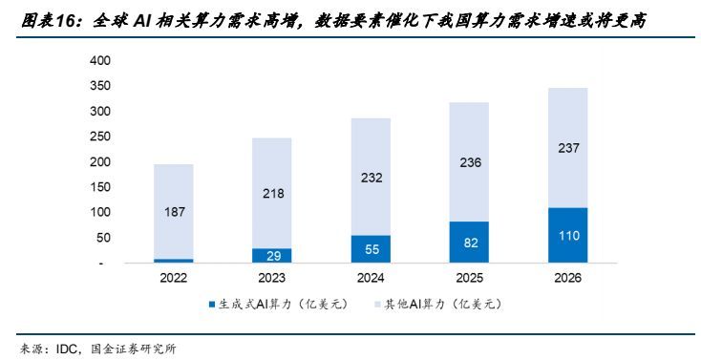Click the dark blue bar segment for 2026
point(567,235)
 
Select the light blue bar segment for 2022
point(173,211)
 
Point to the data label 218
point(271,193)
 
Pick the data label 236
point(469,161)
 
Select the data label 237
point(567,148)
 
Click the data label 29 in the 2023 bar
point(271,256)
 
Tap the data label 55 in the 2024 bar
point(370,249)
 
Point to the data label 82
point(469,243)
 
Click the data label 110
point(567,235)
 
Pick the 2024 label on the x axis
point(370,278)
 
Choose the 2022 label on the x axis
point(173,278)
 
